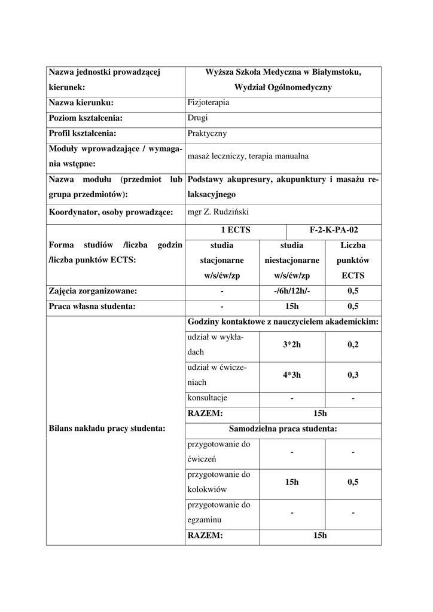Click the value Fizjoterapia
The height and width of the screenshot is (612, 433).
click(x=208, y=103)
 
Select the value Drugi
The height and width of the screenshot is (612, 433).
click(x=197, y=118)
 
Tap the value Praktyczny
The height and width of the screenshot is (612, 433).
click(x=206, y=134)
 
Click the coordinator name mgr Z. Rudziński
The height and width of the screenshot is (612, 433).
click(x=218, y=212)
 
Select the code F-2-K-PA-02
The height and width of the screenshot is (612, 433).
click(x=334, y=229)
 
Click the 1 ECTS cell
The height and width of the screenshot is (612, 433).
click(x=236, y=229)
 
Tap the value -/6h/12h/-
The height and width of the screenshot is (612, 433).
click(x=291, y=291)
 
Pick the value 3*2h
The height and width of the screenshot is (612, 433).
click(x=292, y=344)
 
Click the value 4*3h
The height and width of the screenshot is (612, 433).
click(x=292, y=375)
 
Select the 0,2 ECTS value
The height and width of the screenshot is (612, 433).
click(x=353, y=344)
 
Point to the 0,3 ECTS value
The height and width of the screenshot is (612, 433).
click(x=353, y=375)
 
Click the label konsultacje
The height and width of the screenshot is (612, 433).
click(x=208, y=398)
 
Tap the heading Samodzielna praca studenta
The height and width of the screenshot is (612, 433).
click(x=283, y=429)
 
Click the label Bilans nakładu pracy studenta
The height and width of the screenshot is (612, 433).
click(x=106, y=428)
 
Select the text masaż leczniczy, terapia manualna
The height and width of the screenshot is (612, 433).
click(x=248, y=157)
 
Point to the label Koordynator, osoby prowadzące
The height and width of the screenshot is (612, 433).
click(x=111, y=212)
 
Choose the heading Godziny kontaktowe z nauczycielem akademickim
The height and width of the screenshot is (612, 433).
click(x=283, y=322)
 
